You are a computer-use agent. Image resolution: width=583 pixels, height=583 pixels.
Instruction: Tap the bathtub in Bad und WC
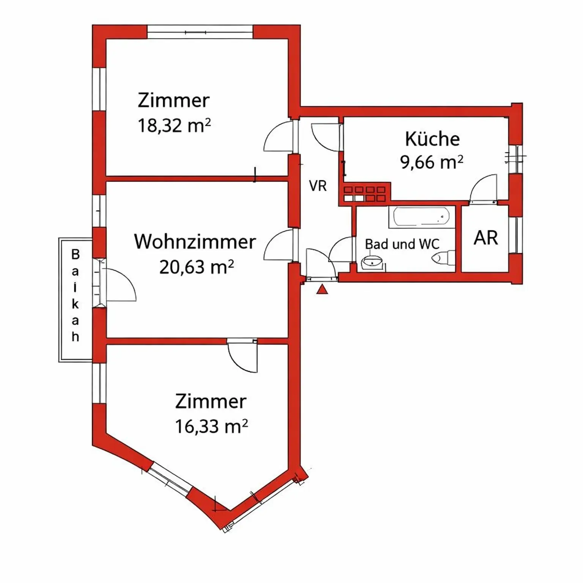point(421,217)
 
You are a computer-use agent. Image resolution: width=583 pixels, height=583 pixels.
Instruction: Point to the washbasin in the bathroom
point(372,261)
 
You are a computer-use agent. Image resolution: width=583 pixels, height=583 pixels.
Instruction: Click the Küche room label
point(432,139)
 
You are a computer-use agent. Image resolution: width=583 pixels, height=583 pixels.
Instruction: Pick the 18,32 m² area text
point(174,125)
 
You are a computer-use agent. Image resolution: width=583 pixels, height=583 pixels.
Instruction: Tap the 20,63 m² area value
point(196,267)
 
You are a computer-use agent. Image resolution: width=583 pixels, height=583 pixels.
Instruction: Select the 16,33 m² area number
point(211,426)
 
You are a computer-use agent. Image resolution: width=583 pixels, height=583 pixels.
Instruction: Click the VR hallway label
point(318,186)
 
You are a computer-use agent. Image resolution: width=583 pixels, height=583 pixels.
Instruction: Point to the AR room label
point(485,238)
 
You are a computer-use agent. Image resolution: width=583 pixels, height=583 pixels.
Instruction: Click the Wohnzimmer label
point(195,242)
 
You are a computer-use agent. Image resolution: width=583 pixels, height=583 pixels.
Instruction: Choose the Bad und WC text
point(402,244)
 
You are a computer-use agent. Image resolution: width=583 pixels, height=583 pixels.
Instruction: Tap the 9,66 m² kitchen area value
point(431,162)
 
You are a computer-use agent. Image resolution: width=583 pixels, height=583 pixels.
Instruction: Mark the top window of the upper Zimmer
point(200,32)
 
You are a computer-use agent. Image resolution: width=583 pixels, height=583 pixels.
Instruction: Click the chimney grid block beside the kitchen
point(364,194)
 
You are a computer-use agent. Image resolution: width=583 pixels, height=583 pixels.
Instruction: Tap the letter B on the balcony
point(76,254)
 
